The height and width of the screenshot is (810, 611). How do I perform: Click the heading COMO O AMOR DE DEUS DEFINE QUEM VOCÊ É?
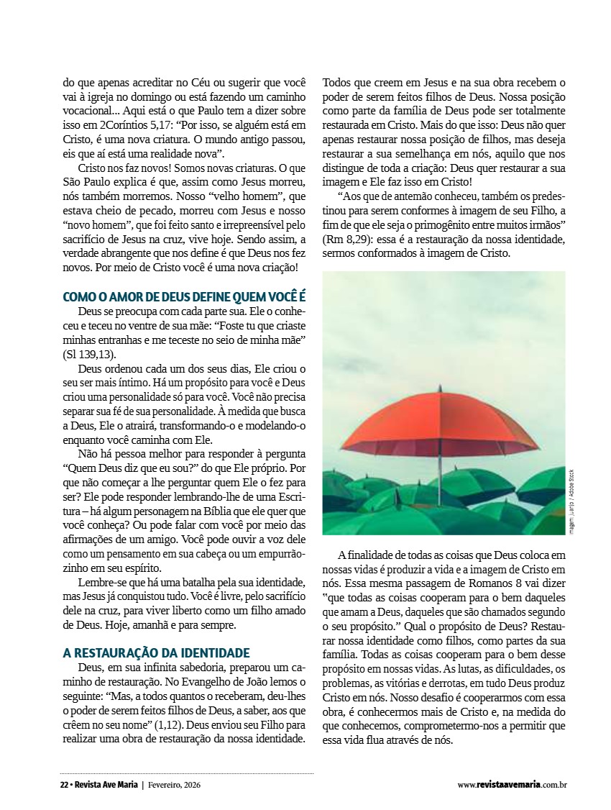coord(185,296)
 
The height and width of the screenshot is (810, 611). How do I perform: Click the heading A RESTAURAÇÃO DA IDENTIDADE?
coord(156,653)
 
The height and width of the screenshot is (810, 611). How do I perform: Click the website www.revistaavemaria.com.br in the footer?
coord(513,785)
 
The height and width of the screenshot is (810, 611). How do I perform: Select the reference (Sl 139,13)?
coord(89,355)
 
